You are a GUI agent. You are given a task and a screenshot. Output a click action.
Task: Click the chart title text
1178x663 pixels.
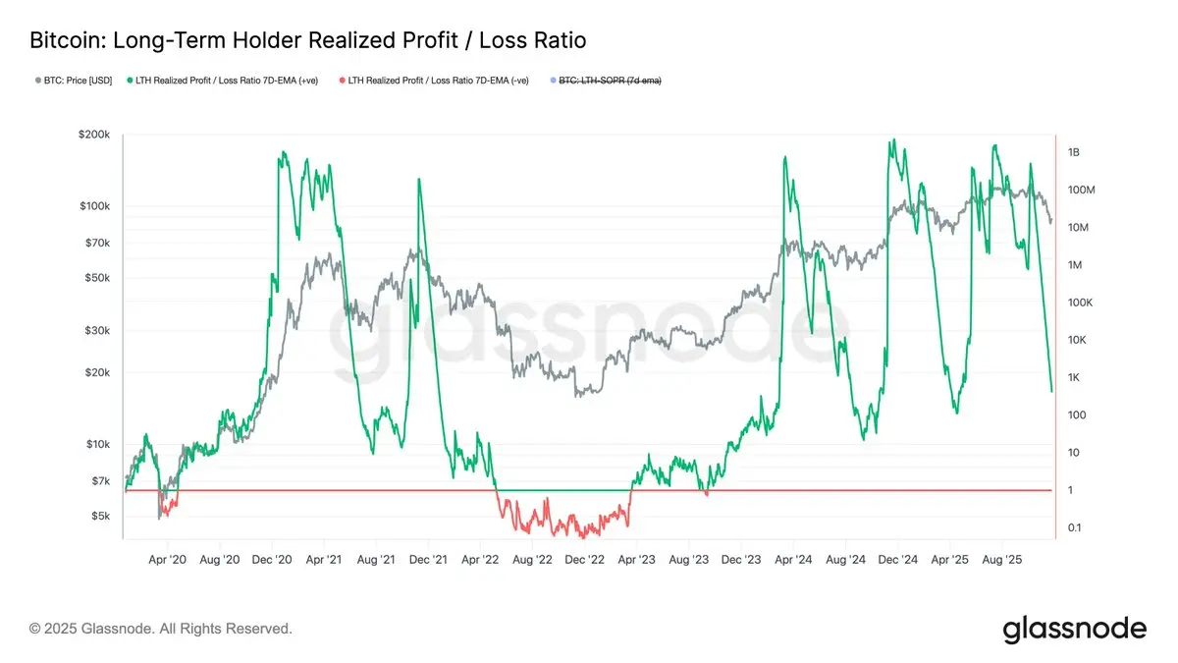(x=308, y=40)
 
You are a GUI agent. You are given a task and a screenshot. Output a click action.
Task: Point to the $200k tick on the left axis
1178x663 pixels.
(x=99, y=136)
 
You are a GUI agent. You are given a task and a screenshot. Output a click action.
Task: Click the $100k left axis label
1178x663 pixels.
(x=99, y=206)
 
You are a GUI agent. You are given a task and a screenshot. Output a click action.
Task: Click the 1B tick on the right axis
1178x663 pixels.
(x=1073, y=152)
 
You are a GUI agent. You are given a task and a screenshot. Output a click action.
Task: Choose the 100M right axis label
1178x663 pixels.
(x=1080, y=190)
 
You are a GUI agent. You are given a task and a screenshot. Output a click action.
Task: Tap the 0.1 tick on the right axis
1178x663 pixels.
(x=1075, y=528)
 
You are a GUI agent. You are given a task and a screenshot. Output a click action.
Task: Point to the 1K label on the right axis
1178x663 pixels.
(x=1073, y=378)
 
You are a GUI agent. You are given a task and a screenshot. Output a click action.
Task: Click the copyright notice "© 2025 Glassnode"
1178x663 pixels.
(x=161, y=628)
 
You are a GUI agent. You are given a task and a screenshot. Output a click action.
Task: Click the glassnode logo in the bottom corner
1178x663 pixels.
(x=1074, y=629)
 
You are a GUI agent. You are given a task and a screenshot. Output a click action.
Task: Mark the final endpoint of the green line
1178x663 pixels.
(x=1051, y=392)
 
